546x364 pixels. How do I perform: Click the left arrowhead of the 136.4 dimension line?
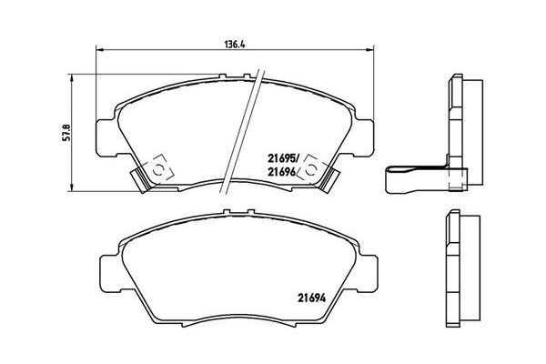pyautogui.click(x=99, y=51)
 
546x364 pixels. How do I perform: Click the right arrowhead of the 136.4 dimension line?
pyautogui.click(x=371, y=51)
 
